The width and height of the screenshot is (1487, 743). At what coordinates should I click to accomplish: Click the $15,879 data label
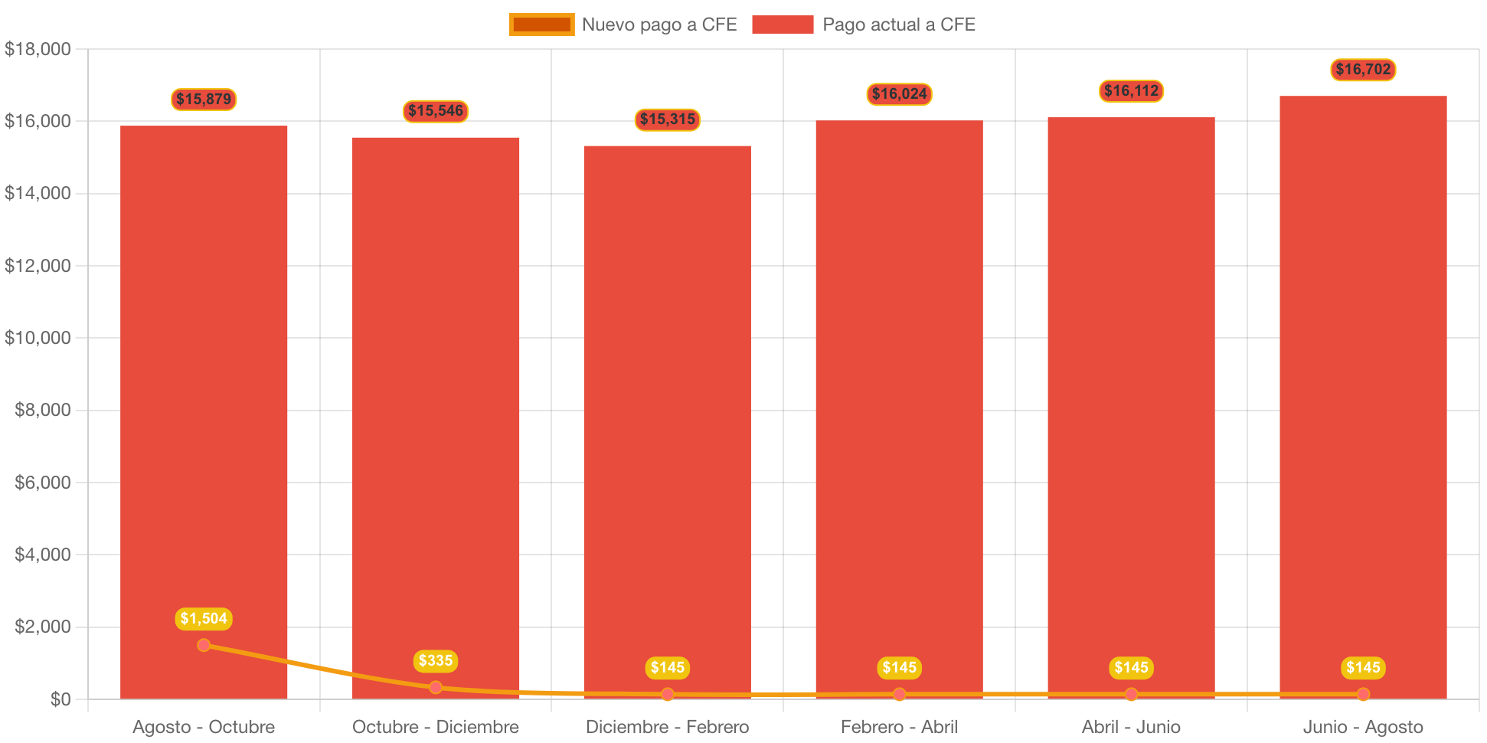tap(204, 99)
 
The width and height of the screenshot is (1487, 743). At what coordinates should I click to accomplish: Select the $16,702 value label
tap(1363, 70)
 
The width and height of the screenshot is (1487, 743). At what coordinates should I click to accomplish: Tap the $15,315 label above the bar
tap(668, 119)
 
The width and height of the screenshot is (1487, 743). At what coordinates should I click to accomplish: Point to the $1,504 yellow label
tap(204, 618)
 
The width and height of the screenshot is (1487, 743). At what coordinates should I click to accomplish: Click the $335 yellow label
tap(436, 660)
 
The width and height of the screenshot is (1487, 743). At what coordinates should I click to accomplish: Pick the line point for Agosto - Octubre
tap(204, 645)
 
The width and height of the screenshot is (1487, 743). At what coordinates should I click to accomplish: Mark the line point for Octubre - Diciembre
tap(436, 687)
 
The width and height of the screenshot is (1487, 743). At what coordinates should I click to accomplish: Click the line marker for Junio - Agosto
tap(1363, 694)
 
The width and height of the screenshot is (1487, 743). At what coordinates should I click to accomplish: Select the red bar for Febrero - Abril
tap(899, 406)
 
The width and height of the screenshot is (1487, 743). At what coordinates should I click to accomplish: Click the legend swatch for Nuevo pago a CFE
tap(541, 25)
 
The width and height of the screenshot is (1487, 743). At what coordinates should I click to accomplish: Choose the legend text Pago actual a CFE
tap(899, 25)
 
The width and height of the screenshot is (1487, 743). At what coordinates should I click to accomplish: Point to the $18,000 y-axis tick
tap(38, 49)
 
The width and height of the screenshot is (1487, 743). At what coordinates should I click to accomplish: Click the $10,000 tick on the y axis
tap(38, 338)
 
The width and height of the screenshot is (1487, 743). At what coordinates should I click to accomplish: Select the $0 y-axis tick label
tap(60, 699)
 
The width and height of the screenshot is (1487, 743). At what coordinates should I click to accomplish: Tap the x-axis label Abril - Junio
tap(1131, 726)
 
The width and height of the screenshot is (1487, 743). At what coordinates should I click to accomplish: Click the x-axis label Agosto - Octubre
tap(204, 726)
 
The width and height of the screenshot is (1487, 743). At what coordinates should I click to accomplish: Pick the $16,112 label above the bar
tap(1131, 91)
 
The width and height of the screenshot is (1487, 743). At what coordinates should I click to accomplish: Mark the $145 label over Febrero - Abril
tap(899, 667)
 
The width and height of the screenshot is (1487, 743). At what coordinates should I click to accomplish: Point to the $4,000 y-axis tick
tap(43, 555)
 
